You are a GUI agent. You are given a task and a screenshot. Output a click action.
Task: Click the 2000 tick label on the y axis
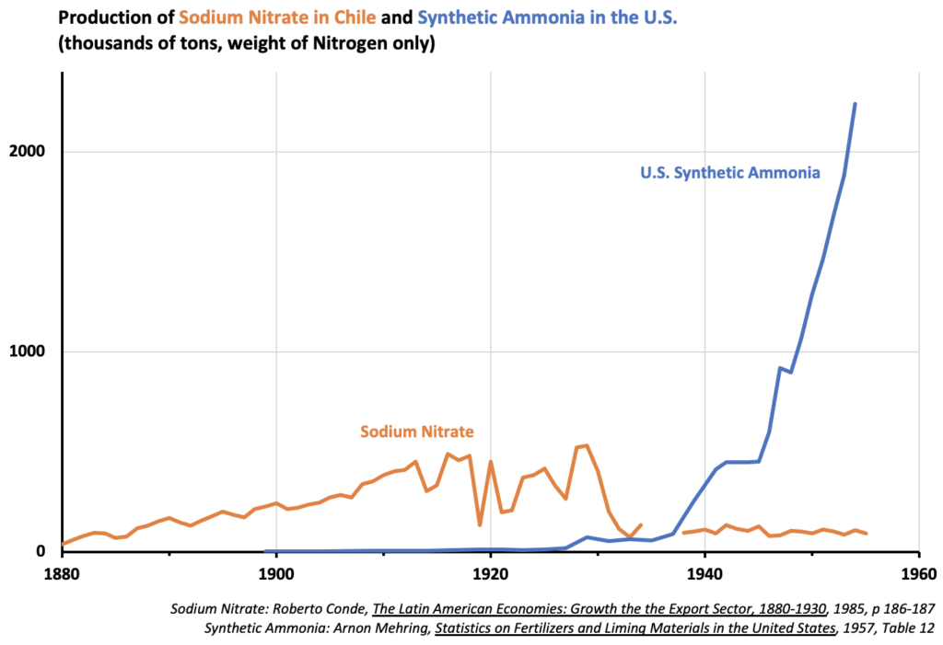coord(30,152)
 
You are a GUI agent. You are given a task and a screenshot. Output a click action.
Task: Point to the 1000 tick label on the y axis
coord(30,351)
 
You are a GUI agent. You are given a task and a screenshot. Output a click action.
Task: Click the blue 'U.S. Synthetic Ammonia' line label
coord(729,172)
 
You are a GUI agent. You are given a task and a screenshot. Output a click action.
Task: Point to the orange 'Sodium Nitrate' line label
coord(417,431)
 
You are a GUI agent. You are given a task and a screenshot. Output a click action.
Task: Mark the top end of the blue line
coord(855,104)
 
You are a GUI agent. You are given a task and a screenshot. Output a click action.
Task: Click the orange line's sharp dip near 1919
coord(480,524)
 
